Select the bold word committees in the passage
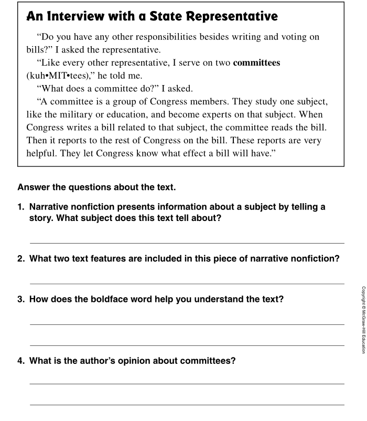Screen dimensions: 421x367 (256, 63)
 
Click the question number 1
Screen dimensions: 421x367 (21, 207)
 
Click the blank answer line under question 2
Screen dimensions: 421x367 (187, 283)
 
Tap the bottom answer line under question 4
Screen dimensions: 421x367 (187, 405)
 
